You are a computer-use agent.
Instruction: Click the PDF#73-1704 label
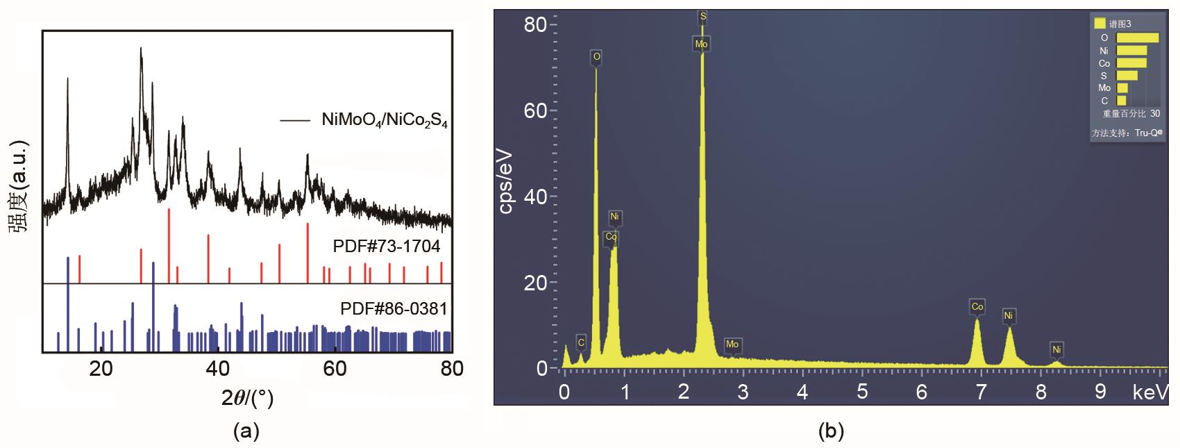tap(386, 247)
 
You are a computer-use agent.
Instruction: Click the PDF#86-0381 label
tap(394, 308)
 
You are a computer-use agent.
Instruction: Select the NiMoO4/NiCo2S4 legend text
tap(385, 119)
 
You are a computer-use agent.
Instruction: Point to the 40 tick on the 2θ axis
tap(218, 368)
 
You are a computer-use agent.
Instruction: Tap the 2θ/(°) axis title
tap(247, 399)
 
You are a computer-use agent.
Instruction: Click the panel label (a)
tap(246, 431)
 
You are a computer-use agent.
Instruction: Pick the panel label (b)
tap(831, 431)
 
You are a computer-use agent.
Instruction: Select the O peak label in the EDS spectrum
tap(596, 56)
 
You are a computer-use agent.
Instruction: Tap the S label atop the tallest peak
tap(702, 15)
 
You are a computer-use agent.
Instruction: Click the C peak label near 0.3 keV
tap(581, 342)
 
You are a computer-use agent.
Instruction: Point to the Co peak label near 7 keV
tap(977, 306)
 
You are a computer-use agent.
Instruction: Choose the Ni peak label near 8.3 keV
tap(1056, 349)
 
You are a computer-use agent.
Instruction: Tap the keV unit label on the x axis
tap(1149, 392)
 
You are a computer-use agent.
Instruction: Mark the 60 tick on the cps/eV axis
tap(535, 111)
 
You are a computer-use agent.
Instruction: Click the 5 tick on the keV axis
tap(861, 392)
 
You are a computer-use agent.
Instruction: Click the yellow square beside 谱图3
tap(1099, 24)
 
